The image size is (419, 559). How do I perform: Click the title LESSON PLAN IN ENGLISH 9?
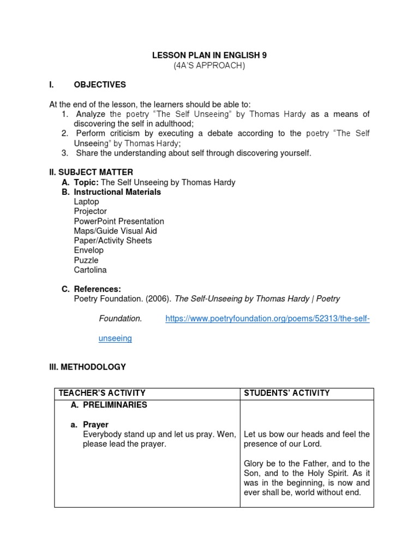209,55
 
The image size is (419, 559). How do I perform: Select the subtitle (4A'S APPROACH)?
209,66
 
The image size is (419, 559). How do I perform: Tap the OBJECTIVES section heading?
100,85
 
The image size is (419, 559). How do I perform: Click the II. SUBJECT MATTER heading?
91,173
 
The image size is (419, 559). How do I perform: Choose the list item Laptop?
87,201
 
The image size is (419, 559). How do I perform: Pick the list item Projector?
91,211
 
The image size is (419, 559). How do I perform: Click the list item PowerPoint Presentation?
119,221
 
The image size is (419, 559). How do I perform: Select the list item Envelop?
89,250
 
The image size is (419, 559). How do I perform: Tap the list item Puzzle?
86,260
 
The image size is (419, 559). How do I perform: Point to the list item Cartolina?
91,270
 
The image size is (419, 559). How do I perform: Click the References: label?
97,289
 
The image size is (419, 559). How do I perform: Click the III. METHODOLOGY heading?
88,367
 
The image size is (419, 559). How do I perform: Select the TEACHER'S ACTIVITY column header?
102,393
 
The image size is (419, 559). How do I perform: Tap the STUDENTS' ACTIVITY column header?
287,393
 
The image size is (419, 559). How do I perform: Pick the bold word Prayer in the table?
95,424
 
